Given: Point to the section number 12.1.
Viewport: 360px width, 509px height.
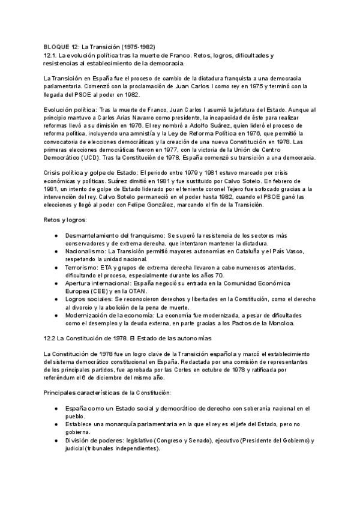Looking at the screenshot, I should pos(51,55).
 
